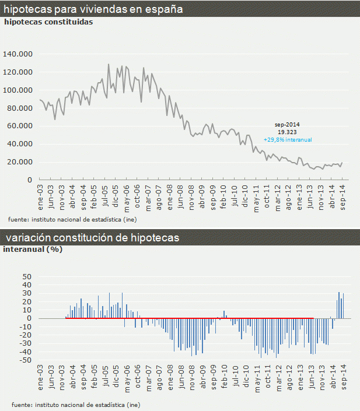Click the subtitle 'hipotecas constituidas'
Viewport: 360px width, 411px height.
pos(48,22)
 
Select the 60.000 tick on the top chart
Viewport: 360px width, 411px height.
pos(19,126)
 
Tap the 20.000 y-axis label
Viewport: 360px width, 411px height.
pos(19,162)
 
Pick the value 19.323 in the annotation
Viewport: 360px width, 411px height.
pos(286,132)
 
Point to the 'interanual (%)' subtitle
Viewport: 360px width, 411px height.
pos(33,250)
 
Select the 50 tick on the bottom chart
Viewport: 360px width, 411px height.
pos(27,276)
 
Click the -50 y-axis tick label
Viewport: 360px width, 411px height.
pos(26,360)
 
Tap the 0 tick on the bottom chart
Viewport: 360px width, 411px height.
pos(29,318)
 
